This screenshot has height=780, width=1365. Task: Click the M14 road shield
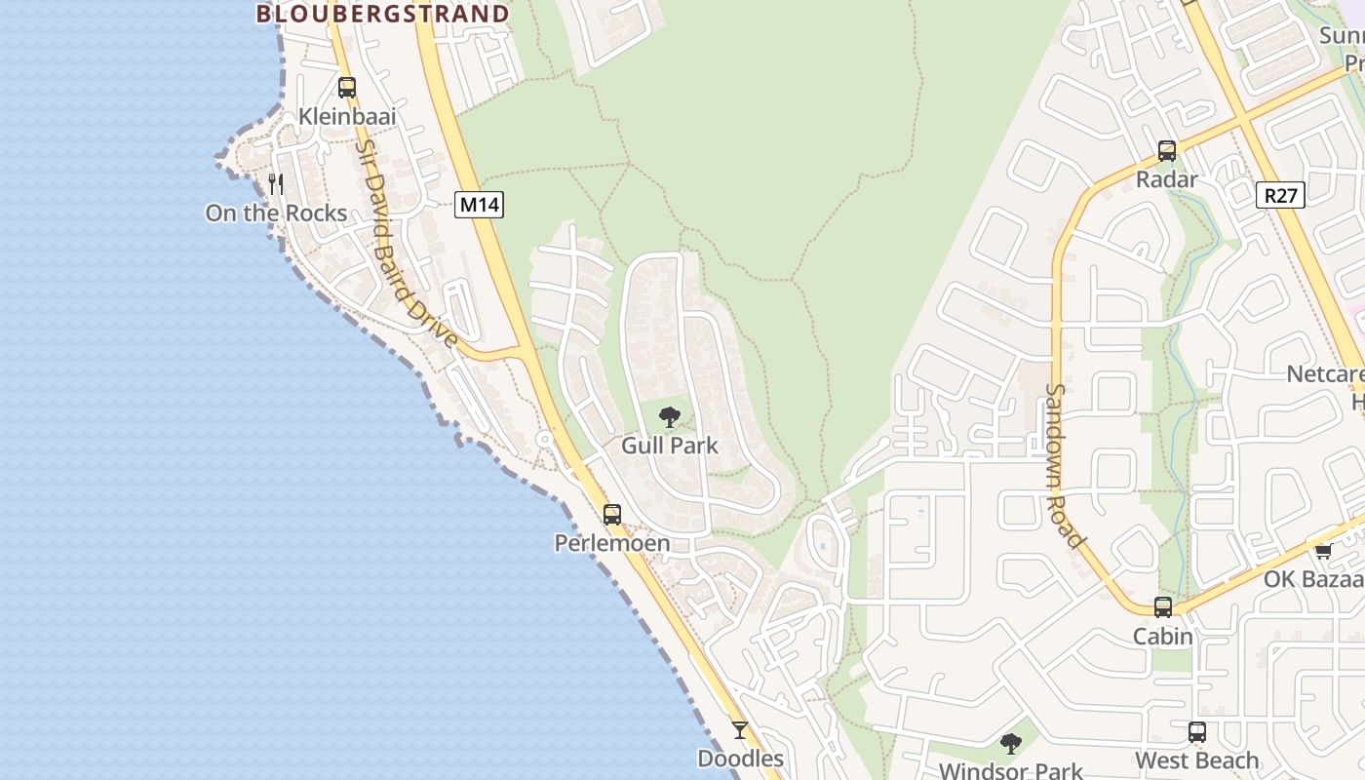pyautogui.click(x=479, y=205)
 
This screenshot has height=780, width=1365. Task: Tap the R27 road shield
pyautogui.click(x=1280, y=195)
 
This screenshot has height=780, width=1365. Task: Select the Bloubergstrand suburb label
pyautogui.click(x=382, y=14)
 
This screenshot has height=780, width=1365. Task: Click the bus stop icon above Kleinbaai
pyautogui.click(x=347, y=88)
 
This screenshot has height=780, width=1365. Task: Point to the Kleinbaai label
pyautogui.click(x=347, y=117)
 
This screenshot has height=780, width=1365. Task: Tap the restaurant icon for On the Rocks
pyautogui.click(x=276, y=183)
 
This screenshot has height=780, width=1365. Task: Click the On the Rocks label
pyautogui.click(x=276, y=213)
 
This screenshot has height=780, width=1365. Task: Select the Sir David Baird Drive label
pyautogui.click(x=406, y=244)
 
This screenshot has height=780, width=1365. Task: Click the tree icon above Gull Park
pyautogui.click(x=669, y=418)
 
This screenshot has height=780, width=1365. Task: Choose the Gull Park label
pyautogui.click(x=669, y=446)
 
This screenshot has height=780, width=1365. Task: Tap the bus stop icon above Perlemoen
pyautogui.click(x=612, y=514)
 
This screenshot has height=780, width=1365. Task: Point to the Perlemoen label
pyautogui.click(x=612, y=543)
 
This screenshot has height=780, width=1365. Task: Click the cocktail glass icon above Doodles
pyautogui.click(x=740, y=729)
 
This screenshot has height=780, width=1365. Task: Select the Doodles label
pyautogui.click(x=740, y=759)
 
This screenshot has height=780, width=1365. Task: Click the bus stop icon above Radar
pyautogui.click(x=1167, y=151)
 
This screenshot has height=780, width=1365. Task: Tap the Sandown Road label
pyautogui.click(x=1064, y=465)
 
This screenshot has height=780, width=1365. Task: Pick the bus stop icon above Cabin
pyautogui.click(x=1163, y=607)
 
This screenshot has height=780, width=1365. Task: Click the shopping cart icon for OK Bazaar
pyautogui.click(x=1323, y=551)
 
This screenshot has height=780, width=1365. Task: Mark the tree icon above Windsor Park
pyautogui.click(x=1011, y=744)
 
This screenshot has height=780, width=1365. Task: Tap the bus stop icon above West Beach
pyautogui.click(x=1197, y=732)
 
